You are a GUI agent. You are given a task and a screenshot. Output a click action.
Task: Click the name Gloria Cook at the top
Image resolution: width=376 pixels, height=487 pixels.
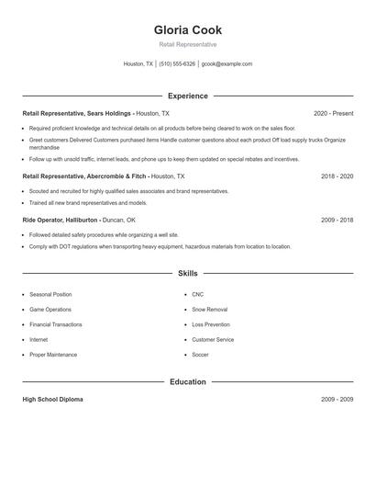[188, 30]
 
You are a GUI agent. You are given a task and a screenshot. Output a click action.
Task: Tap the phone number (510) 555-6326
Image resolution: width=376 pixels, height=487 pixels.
[177, 64]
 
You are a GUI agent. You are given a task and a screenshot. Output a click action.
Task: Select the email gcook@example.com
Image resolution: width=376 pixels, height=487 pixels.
[227, 64]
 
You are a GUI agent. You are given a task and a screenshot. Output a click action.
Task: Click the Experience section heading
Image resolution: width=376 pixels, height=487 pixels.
[188, 96]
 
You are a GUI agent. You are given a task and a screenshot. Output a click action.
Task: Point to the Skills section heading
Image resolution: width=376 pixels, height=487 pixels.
[188, 273]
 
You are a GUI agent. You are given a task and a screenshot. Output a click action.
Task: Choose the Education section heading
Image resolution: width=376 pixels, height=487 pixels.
[188, 381]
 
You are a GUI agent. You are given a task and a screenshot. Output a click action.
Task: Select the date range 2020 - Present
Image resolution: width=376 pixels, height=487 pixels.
[333, 113]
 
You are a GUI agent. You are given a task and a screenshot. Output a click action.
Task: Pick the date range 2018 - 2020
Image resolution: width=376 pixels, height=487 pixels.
[337, 176]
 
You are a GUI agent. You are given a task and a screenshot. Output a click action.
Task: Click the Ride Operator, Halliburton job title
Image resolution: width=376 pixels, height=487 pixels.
[79, 221]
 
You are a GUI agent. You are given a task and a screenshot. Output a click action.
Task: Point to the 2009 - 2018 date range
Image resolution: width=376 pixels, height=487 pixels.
[337, 221]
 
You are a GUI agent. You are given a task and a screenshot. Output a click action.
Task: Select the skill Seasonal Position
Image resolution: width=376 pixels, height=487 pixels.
[50, 295]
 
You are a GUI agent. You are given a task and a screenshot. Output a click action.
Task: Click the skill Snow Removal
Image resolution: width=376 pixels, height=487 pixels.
[210, 310]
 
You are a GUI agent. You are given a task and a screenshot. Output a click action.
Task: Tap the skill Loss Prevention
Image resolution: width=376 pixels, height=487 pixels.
[211, 324]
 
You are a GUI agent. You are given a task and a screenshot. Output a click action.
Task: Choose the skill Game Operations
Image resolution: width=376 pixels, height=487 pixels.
[50, 310]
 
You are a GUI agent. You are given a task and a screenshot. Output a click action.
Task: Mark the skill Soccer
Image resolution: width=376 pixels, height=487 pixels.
[200, 355]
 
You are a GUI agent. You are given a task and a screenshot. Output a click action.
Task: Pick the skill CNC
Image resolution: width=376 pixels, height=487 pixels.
[198, 295]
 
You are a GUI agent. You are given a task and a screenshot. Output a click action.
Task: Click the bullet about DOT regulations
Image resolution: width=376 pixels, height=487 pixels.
[160, 246]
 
